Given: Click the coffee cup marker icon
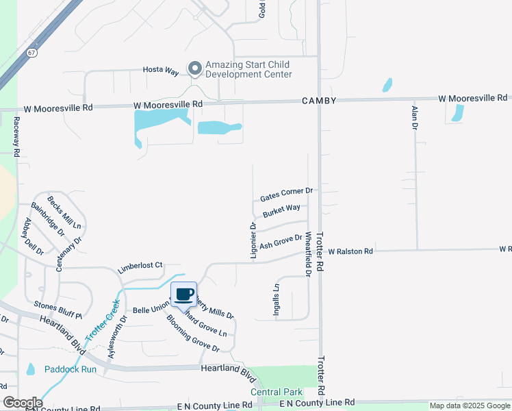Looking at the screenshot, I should [x=183, y=295].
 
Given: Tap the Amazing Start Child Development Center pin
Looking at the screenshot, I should [x=195, y=68].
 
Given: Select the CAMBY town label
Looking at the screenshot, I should [x=319, y=101].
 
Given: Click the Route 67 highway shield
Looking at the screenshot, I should [x=32, y=52].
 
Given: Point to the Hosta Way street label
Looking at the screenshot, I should [x=161, y=70].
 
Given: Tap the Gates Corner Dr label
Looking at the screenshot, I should [x=286, y=195].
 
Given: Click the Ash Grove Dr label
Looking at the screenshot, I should [x=281, y=242].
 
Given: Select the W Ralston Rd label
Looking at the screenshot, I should [x=350, y=251].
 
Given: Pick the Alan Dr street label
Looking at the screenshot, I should [x=415, y=119].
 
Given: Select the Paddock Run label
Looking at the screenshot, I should [x=71, y=369].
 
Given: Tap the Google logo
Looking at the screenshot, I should [x=23, y=403].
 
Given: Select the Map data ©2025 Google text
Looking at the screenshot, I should [x=470, y=406].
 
